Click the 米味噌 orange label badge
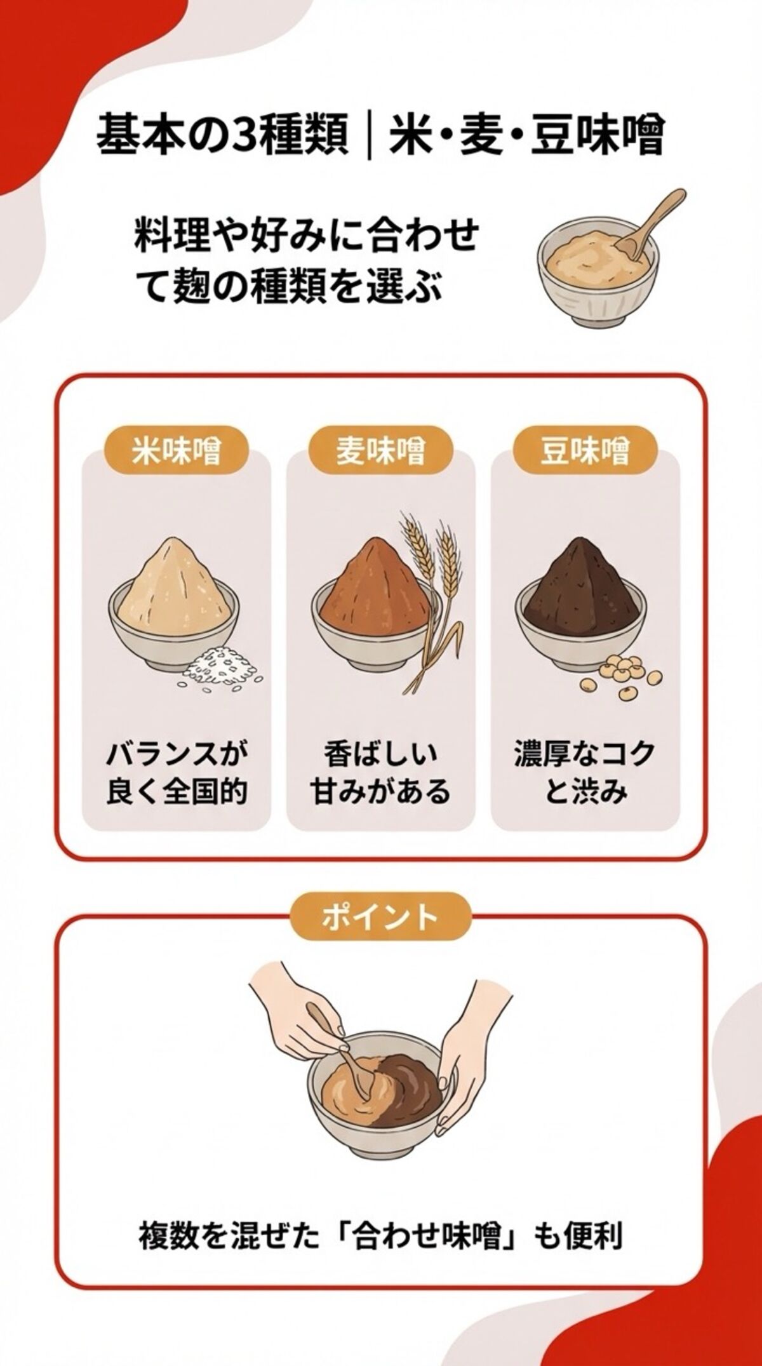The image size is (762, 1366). click(176, 452)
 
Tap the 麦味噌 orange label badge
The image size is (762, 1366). click(380, 452)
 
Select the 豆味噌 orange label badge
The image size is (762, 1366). click(585, 452)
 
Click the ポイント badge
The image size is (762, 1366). click(380, 917)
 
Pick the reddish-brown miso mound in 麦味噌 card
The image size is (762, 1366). click(375, 587)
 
